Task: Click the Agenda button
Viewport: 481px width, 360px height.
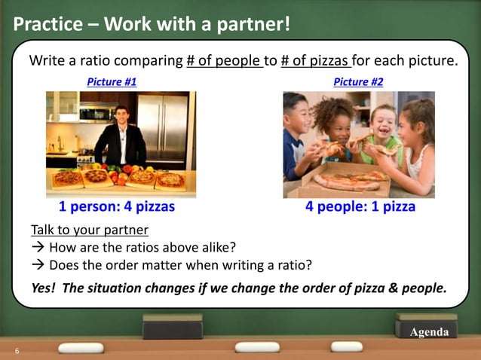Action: [x=429, y=332]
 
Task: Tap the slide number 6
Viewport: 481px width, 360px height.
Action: [x=17, y=351]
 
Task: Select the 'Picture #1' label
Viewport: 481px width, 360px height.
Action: [x=112, y=81]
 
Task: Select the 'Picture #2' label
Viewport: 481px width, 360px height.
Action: [x=358, y=81]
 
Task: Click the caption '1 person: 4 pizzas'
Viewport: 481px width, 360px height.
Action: [x=117, y=206]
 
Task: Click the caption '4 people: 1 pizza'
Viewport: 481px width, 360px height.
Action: [x=360, y=206]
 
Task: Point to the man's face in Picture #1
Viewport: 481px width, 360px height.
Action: [x=121, y=117]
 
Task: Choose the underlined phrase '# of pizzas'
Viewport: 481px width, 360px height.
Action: [x=315, y=60]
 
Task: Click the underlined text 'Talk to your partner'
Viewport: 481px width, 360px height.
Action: [x=89, y=229]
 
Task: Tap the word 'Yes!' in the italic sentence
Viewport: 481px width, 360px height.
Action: [x=44, y=288]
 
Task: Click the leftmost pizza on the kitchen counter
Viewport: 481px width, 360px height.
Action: [x=67, y=178]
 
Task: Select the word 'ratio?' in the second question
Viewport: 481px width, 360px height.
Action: [x=293, y=265]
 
